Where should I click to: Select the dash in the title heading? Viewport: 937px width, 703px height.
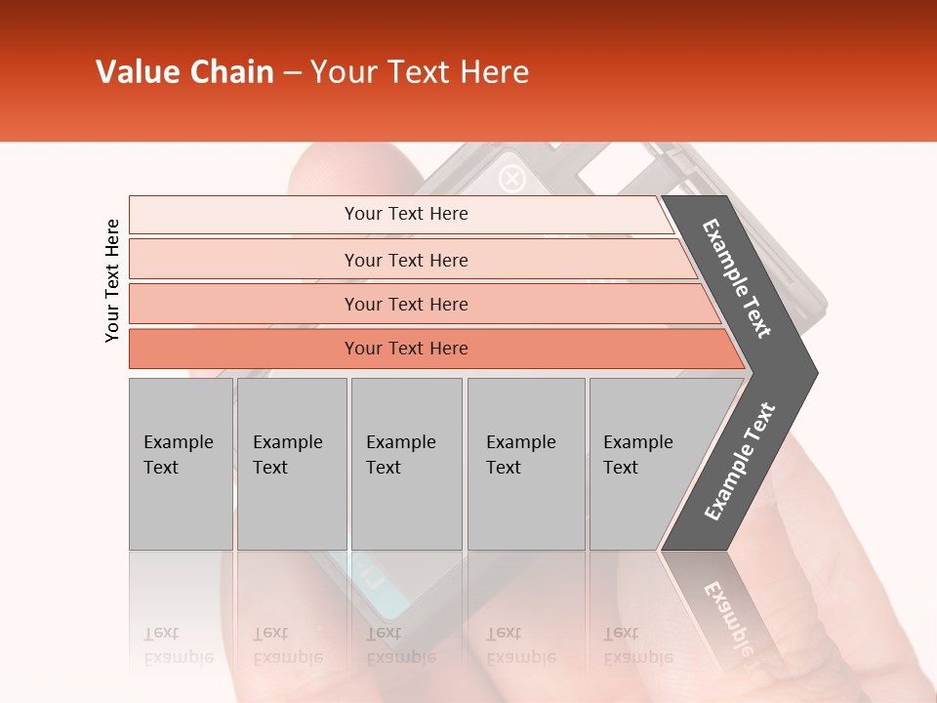[292, 73]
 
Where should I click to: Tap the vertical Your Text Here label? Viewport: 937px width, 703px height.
[112, 280]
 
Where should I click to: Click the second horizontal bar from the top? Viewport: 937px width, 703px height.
[406, 260]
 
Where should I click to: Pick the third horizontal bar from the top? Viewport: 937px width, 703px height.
[406, 304]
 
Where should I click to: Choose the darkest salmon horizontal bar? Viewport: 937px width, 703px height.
[406, 349]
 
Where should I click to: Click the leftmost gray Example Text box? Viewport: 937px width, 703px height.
[181, 463]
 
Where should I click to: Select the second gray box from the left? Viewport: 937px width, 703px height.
[291, 463]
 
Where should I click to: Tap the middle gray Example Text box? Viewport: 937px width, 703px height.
[406, 463]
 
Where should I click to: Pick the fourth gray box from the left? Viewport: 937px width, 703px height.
[525, 463]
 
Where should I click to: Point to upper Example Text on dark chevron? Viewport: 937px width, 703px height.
[737, 279]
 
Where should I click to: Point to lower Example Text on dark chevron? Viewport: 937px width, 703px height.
[740, 461]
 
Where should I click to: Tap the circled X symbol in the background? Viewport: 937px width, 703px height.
[512, 179]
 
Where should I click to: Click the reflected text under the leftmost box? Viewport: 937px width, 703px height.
[179, 644]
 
